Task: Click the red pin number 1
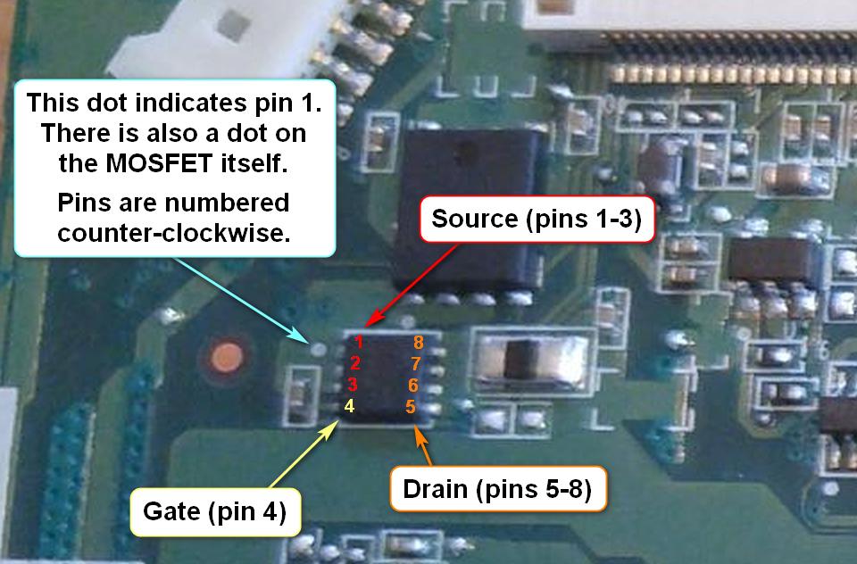[357, 341]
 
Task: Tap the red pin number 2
[355, 363]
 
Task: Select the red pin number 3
[354, 386]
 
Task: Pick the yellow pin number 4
[350, 406]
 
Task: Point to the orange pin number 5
[411, 407]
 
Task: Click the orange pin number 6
[413, 386]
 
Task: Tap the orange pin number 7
[415, 363]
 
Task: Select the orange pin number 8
[417, 341]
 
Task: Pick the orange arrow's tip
[415, 427]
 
